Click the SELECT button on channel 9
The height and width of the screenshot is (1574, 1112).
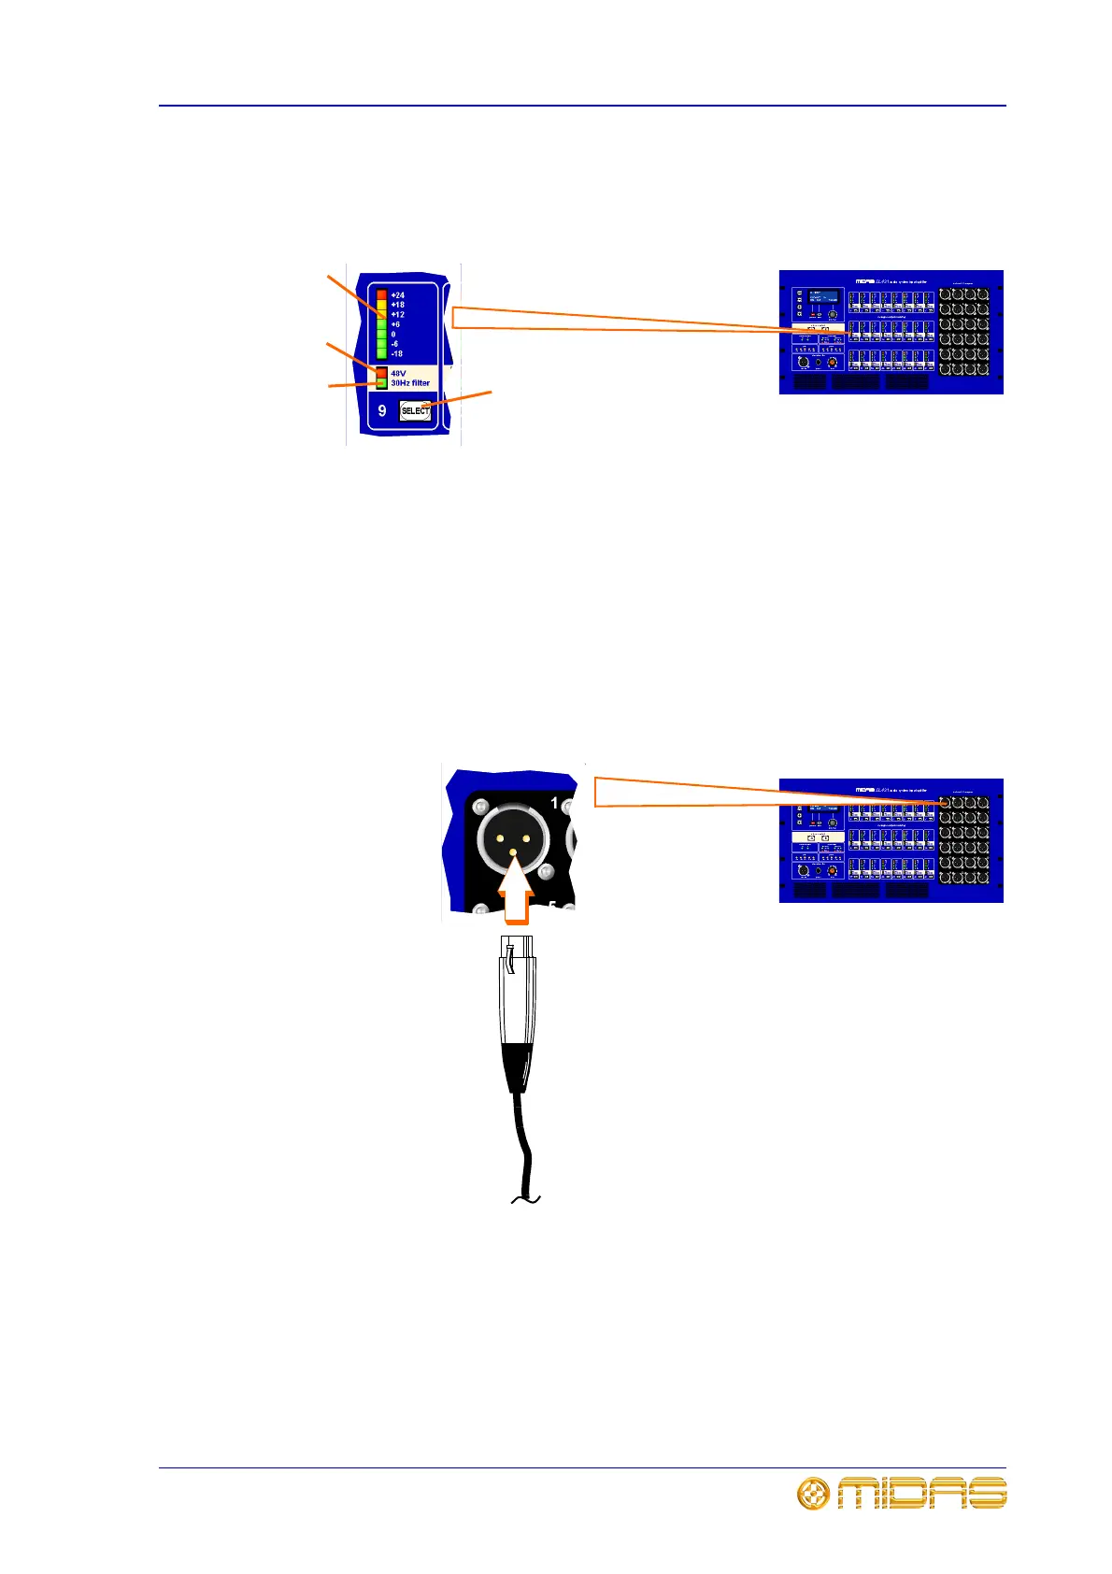(x=415, y=410)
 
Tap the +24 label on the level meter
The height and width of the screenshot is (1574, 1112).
(x=398, y=295)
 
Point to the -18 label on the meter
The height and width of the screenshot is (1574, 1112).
(x=397, y=354)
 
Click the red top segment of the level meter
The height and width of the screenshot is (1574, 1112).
(x=381, y=295)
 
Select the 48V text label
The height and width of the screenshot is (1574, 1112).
(x=398, y=373)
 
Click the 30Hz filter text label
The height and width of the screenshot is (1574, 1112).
(x=410, y=383)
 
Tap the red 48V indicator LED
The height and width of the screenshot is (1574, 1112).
(x=381, y=373)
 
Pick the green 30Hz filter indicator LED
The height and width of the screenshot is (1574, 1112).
(x=381, y=383)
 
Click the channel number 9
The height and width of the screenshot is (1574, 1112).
(x=382, y=410)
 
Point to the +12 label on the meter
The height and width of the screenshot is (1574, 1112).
(x=398, y=315)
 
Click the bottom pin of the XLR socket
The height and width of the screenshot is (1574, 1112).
(x=512, y=851)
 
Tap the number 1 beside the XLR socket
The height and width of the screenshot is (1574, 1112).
(x=554, y=803)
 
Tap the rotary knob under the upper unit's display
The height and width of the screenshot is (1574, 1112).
(x=832, y=316)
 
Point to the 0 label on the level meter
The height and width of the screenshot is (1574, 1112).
(x=393, y=335)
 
